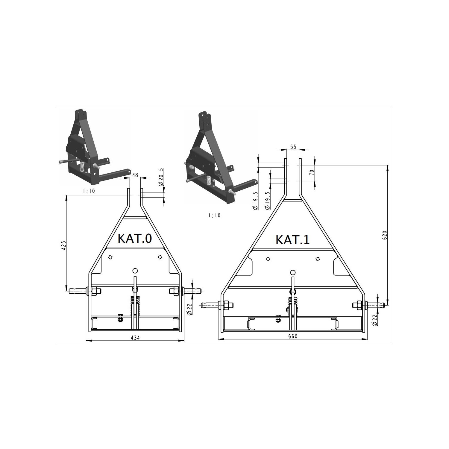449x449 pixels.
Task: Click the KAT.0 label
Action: tap(135, 238)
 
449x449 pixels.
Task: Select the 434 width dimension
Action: tap(135, 337)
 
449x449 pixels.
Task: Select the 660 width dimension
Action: tap(293, 336)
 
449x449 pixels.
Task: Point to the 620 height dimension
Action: tap(385, 235)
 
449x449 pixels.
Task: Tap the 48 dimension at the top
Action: tap(135, 175)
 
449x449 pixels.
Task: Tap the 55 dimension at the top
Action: tap(293, 147)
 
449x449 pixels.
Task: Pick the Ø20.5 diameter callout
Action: tap(162, 177)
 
